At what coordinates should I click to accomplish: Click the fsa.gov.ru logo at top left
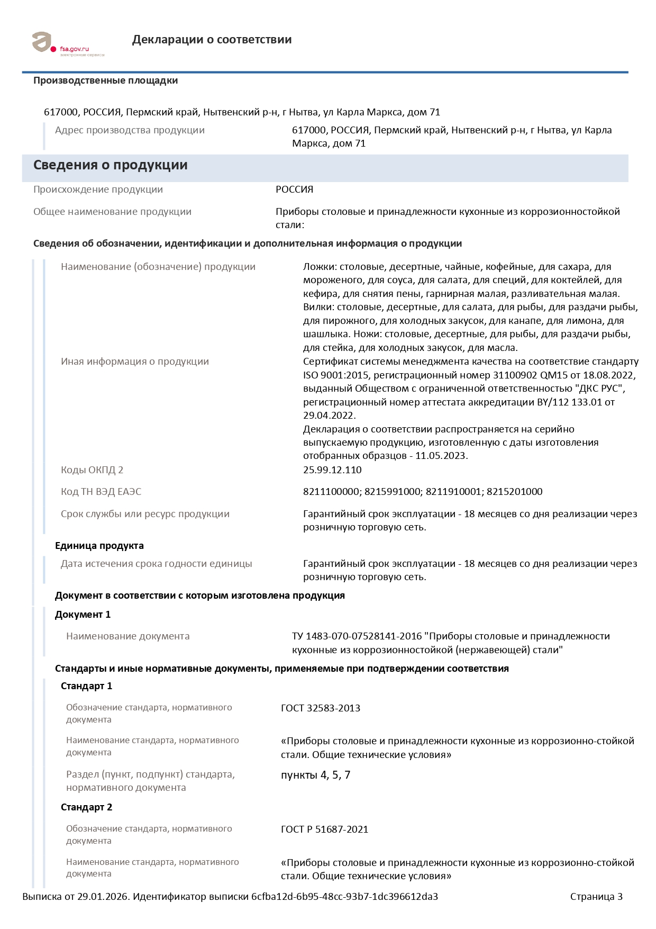pos(68,44)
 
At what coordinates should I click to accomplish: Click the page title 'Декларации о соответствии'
pos(212,40)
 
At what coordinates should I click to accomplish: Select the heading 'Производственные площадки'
pos(105,80)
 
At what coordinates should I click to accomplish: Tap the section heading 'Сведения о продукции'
pos(110,165)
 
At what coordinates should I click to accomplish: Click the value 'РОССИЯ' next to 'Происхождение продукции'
pos(294,190)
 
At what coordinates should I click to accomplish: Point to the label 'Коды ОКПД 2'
pos(92,470)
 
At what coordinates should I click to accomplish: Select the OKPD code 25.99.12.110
pos(332,470)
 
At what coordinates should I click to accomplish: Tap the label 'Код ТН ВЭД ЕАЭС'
pos(101,492)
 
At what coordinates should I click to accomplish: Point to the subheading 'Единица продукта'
pos(99,546)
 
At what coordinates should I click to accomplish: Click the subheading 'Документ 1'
pos(83,615)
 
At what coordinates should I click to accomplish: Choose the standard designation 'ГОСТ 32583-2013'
pos(321,708)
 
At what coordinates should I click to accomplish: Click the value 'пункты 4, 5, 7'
pos(315,775)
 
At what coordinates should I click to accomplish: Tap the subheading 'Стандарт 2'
pos(86,807)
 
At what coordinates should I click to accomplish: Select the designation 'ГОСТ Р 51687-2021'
pos(324,829)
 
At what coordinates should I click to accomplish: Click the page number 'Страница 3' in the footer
pos(596,897)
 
